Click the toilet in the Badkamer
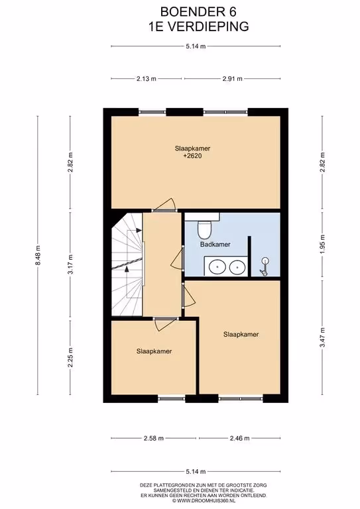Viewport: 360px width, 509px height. pyautogui.click(x=204, y=229)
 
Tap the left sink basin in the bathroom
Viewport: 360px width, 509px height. pyautogui.click(x=217, y=268)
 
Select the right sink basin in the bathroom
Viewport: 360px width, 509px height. pyautogui.click(x=237, y=268)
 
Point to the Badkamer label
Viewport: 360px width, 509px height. pyautogui.click(x=215, y=245)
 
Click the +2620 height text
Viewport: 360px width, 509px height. pyautogui.click(x=192, y=156)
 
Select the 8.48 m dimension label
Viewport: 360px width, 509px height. pyautogui.click(x=38, y=254)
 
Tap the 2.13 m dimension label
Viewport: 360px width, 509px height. pyautogui.click(x=147, y=79)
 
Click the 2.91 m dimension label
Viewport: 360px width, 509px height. pyautogui.click(x=233, y=79)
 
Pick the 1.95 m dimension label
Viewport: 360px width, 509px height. pyautogui.click(x=322, y=245)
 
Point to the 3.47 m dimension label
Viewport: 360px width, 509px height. pyautogui.click(x=322, y=337)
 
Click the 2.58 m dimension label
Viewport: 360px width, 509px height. pyautogui.click(x=154, y=438)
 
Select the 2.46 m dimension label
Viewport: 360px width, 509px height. pyautogui.click(x=239, y=438)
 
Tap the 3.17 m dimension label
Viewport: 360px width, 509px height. pyautogui.click(x=70, y=264)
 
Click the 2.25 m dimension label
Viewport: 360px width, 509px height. pyautogui.click(x=70, y=357)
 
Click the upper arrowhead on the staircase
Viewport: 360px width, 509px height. pyautogui.click(x=139, y=231)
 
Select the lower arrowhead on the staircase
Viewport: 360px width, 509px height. pyautogui.click(x=127, y=269)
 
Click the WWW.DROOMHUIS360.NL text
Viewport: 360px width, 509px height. pyautogui.click(x=206, y=501)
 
